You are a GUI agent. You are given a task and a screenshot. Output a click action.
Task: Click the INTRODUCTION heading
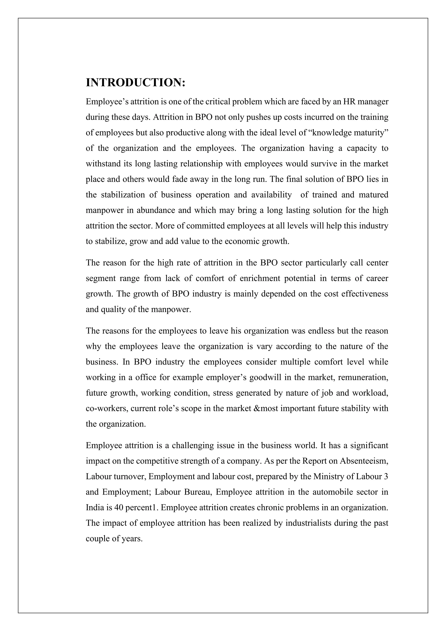point(136,82)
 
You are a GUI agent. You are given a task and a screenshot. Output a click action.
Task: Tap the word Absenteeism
point(364,461)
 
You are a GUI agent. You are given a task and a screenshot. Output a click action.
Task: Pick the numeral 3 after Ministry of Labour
point(386,476)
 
